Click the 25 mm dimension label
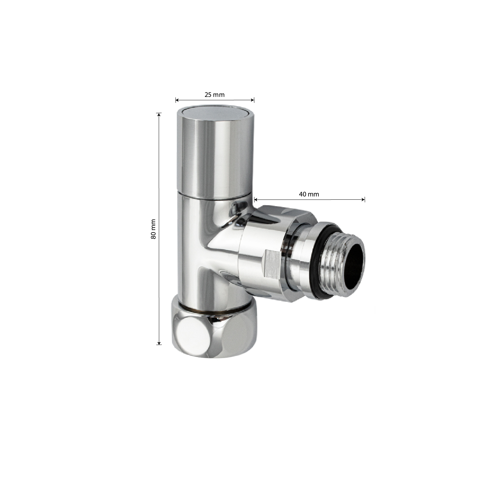click(215, 95)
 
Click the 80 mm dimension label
click(153, 229)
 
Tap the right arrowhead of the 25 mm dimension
click(253, 100)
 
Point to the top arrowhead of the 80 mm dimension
click(159, 115)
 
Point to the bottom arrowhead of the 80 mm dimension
click(159, 342)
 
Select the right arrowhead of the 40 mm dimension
click(363, 200)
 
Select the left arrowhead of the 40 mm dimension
click(256, 200)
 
